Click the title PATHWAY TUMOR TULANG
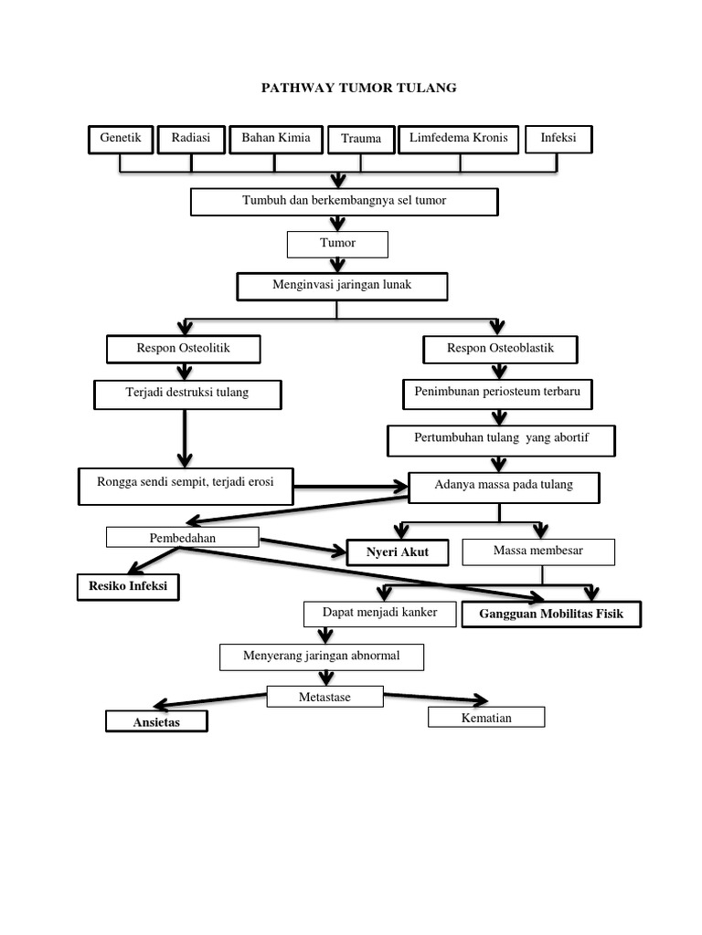coord(358,88)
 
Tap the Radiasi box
coord(190,139)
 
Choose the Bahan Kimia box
coord(275,139)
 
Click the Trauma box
coord(361,140)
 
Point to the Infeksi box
coord(558,139)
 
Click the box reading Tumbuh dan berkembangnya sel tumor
coord(344,201)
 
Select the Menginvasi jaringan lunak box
coord(342,286)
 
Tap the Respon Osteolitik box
coord(184,349)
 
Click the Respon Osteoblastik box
coord(500,349)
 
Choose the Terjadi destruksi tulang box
coord(186,394)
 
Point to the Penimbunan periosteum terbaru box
coord(497,394)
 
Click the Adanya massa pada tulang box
coord(504,486)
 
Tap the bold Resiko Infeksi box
coord(127,586)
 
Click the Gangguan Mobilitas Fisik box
coord(551,615)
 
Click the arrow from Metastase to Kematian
coord(436,699)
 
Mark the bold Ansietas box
coord(156,722)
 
